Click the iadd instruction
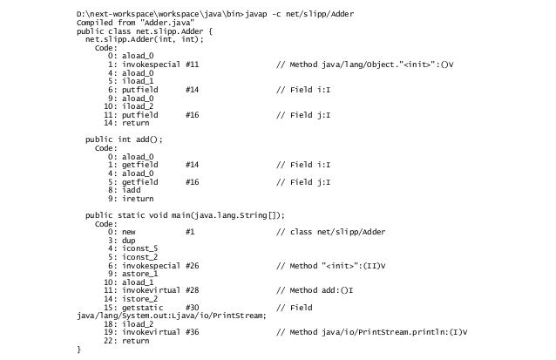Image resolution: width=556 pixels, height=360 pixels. [131, 189]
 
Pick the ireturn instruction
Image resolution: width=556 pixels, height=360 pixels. [136, 198]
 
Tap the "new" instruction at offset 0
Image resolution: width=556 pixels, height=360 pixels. [129, 231]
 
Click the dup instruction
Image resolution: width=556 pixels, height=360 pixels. [129, 240]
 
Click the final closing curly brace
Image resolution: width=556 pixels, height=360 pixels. [79, 349]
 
